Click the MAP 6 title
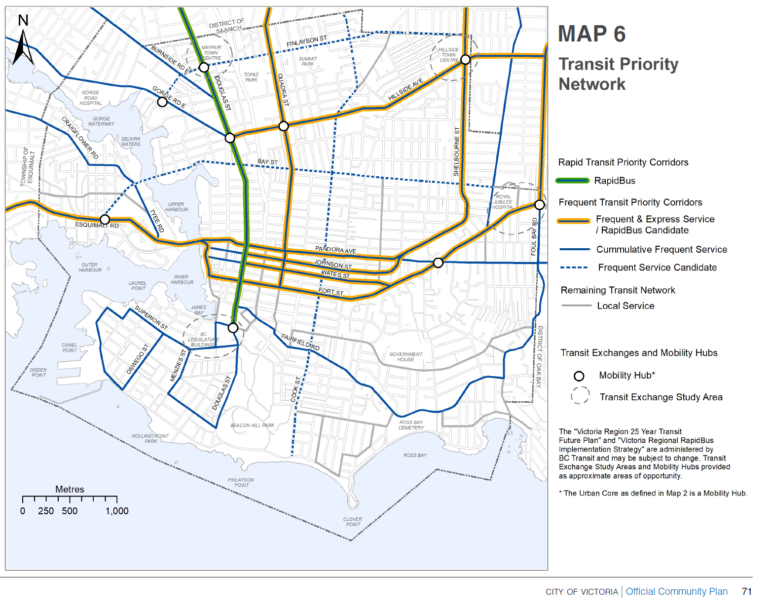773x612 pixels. point(591,34)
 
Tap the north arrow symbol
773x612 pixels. point(23,47)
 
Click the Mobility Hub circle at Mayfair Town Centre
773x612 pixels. point(204,67)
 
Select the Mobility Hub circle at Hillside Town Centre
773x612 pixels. point(465,60)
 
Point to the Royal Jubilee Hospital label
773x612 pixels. point(503,202)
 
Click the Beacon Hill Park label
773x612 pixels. point(252,425)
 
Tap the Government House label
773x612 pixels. point(405,357)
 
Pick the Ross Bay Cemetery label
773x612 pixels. point(411,425)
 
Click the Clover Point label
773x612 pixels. point(352,522)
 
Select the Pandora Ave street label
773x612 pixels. point(335,250)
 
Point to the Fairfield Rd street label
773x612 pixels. point(300,343)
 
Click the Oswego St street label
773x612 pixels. point(137,359)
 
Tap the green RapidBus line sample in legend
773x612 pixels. point(572,181)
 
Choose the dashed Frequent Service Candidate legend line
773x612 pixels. point(574,268)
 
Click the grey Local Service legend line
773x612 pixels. point(576,306)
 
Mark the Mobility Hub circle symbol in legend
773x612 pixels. point(579,376)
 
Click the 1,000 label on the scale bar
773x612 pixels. point(117,511)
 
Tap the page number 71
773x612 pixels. point(746,591)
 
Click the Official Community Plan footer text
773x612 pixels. point(676,591)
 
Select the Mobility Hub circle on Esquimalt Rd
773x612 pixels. point(105,219)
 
